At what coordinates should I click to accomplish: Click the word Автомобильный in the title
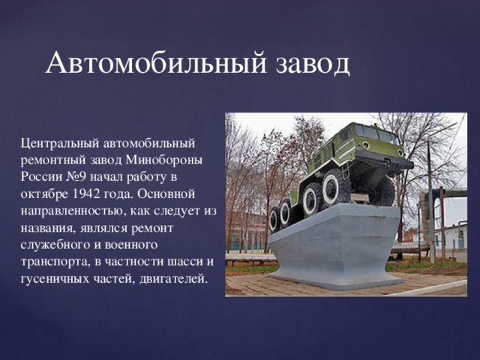tap(154, 64)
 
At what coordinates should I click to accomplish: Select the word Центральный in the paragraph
tap(56, 142)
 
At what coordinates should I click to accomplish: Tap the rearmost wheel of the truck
tap(274, 219)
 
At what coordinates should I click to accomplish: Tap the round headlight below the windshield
tap(365, 145)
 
